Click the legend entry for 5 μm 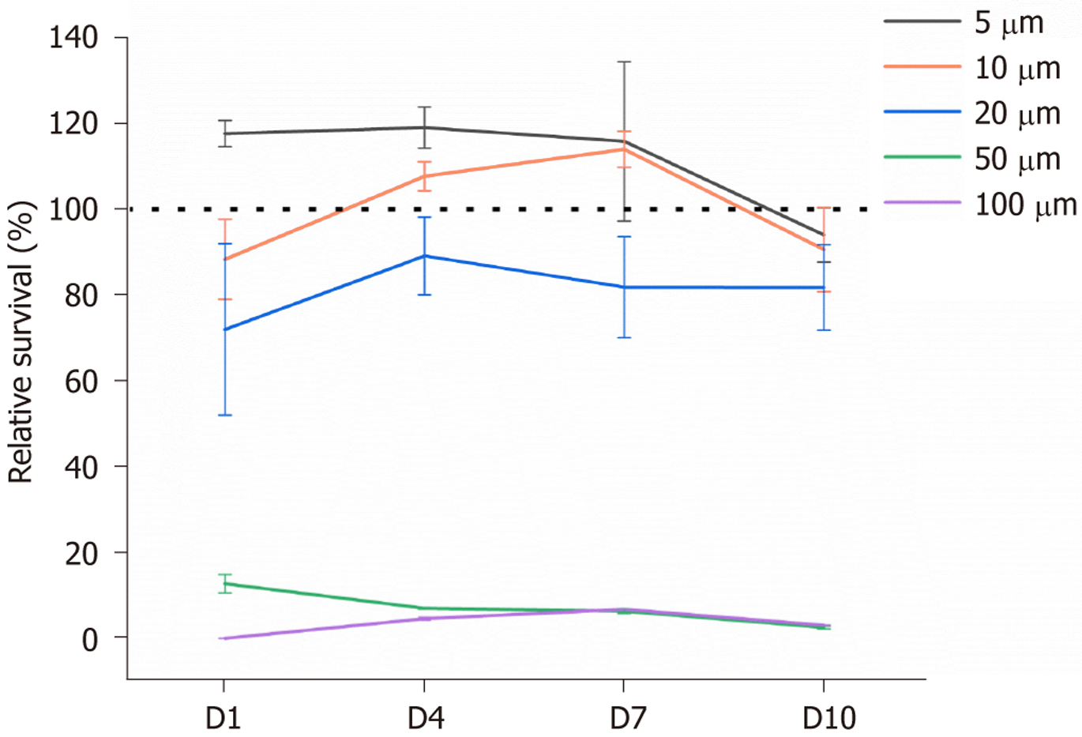(1009, 23)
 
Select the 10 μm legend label (1017, 69)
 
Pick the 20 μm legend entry (1017, 114)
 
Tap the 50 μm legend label (1017, 160)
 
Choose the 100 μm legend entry (1025, 205)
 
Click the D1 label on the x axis (224, 718)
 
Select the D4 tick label (425, 718)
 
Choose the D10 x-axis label (828, 718)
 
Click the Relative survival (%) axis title (22, 342)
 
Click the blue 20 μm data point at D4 (425, 256)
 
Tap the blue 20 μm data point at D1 (225, 329)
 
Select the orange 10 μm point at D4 (425, 176)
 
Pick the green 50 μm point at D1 (225, 584)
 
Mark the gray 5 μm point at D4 (425, 127)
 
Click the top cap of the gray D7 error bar (625, 62)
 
